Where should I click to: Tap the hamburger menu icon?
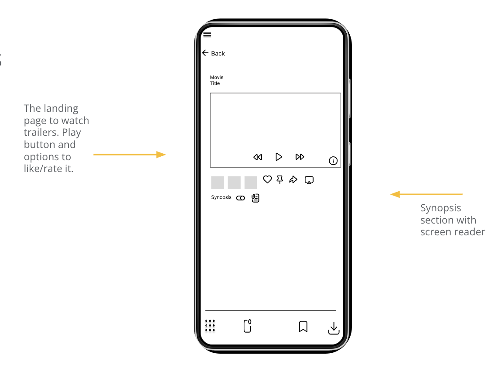point(207,35)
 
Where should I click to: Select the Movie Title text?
point(216,80)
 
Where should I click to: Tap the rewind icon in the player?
point(258,157)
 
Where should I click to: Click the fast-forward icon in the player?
point(300,157)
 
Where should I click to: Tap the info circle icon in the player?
point(333,161)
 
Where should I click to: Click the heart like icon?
point(267,179)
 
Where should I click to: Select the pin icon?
point(280,179)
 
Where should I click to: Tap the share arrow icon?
point(293,179)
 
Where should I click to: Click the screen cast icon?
point(309,180)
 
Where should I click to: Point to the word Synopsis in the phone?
point(221,197)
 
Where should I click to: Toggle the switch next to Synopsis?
point(240,198)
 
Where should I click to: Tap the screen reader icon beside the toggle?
point(256,198)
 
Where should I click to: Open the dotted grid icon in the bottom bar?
point(210,325)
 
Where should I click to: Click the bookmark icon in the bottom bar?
point(303,327)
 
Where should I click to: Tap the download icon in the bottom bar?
point(334,328)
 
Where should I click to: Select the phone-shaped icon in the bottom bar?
point(247,326)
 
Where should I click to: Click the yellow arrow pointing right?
point(130,155)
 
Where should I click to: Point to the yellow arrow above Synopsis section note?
point(426,194)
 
